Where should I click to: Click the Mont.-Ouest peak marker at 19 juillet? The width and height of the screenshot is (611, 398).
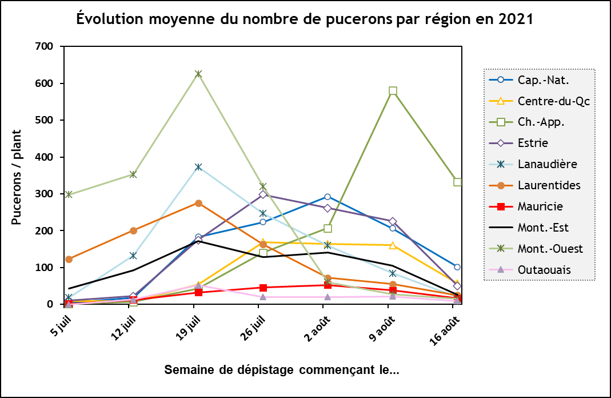point(198,74)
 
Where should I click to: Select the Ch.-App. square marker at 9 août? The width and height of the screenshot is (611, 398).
point(393,91)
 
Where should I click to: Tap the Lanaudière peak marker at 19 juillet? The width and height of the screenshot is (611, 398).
point(198,167)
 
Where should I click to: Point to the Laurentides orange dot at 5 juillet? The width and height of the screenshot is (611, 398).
point(69,259)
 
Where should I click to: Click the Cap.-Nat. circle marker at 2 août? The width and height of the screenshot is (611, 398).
point(328,197)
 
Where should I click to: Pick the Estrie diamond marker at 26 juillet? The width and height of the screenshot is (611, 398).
point(263,194)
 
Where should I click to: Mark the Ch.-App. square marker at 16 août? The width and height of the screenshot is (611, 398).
point(457,182)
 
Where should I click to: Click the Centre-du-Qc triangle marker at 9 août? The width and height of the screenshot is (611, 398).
point(393,245)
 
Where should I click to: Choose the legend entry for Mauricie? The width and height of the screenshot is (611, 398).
point(540,206)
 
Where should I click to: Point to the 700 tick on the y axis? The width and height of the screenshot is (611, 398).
point(44,46)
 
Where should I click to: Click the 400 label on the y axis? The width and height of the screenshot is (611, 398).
point(44,157)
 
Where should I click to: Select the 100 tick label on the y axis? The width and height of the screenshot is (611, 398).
point(44,268)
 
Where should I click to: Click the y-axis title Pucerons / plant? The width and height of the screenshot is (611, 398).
point(17,175)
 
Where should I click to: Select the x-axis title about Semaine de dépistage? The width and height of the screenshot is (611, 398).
point(282,369)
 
